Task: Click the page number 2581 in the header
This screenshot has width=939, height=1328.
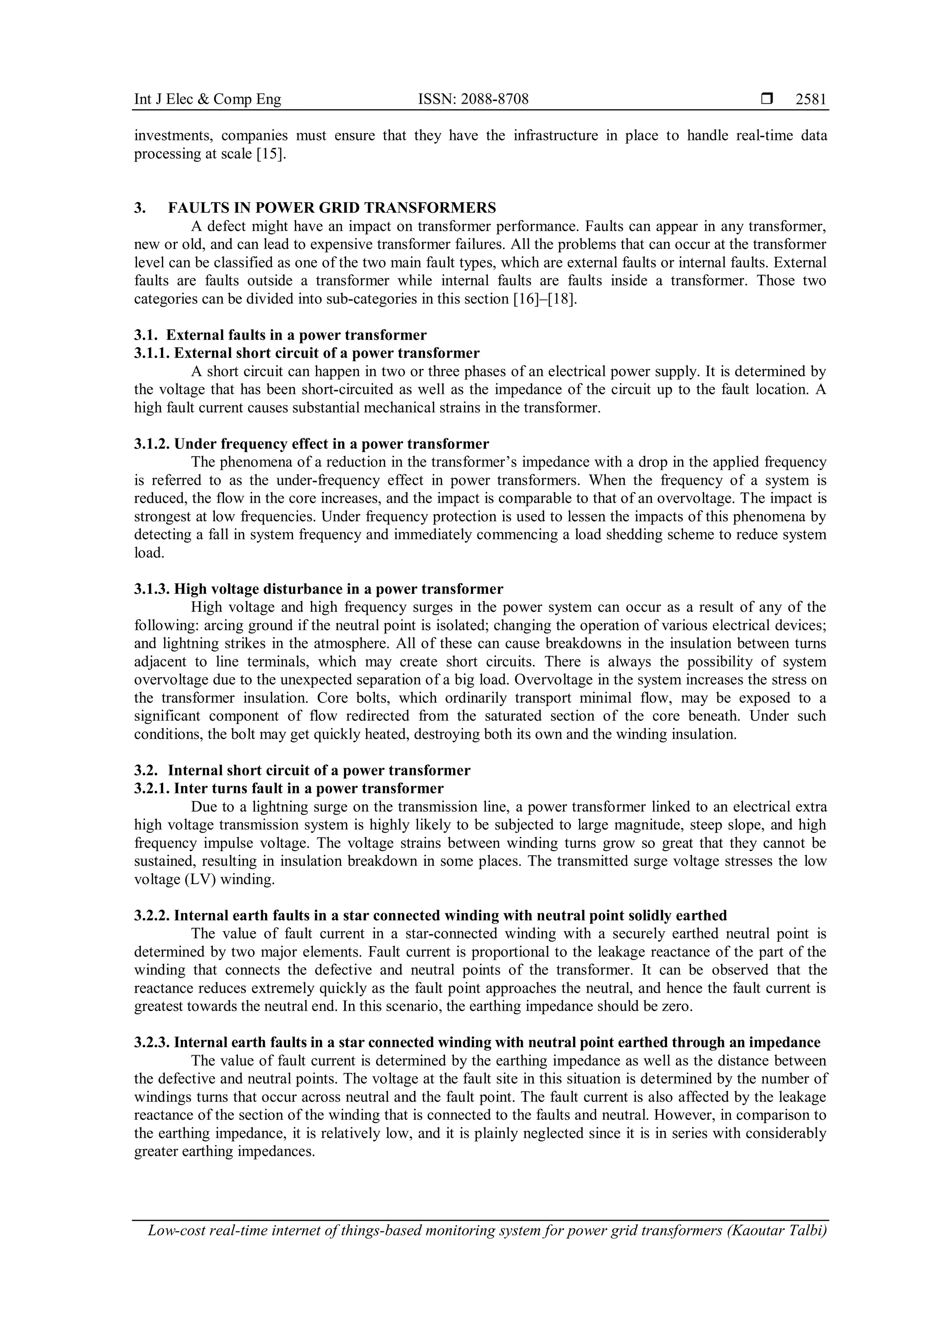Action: pyautogui.click(x=811, y=100)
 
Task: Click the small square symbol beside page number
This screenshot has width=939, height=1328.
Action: pyautogui.click(x=767, y=100)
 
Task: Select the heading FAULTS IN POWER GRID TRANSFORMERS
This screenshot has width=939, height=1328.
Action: pyautogui.click(x=332, y=208)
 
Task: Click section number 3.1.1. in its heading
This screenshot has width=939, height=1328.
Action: pyautogui.click(x=153, y=353)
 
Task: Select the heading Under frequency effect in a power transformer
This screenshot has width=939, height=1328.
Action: pyautogui.click(x=331, y=444)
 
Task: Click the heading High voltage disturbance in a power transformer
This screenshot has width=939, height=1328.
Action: pyautogui.click(x=338, y=589)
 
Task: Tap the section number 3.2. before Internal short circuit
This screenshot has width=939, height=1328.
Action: pyautogui.click(x=146, y=770)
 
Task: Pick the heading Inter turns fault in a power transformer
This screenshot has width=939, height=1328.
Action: pyautogui.click(x=309, y=789)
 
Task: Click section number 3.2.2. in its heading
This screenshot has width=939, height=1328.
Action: pyautogui.click(x=153, y=916)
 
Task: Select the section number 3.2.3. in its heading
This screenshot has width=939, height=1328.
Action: pyautogui.click(x=153, y=1043)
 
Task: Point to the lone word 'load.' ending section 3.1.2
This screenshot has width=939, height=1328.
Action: pyautogui.click(x=149, y=553)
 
